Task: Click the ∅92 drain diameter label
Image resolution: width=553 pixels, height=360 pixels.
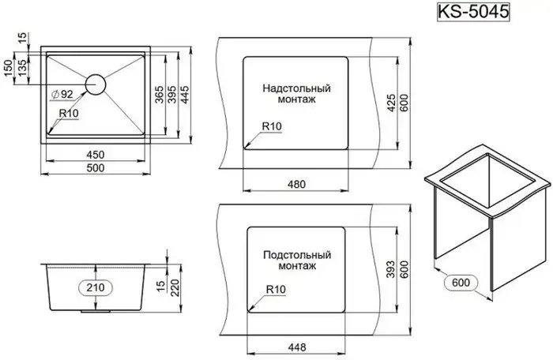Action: (x=62, y=95)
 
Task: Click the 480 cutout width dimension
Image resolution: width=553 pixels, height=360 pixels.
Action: (x=296, y=184)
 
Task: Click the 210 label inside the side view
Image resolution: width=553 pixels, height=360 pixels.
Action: (x=96, y=287)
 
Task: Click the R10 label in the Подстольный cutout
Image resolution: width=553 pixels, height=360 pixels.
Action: (x=276, y=289)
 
